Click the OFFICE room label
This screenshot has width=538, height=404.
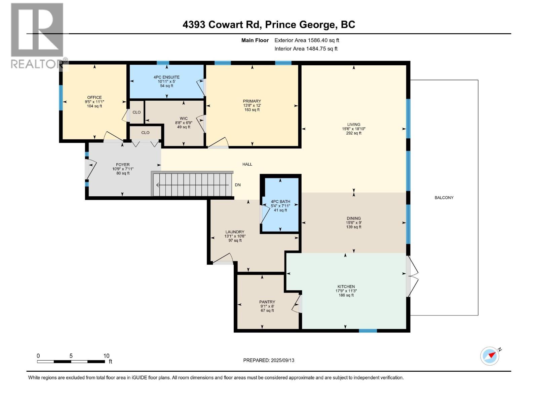pos(94,98)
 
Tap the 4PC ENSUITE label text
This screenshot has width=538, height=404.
pos(166,77)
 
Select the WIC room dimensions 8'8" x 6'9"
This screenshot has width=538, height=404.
pos(184,123)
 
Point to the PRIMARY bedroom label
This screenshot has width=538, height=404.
pos(252,101)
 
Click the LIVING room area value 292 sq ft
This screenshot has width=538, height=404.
pos(354,133)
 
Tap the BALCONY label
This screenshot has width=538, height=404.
pos(444,198)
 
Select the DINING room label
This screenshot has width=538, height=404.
pos(354,218)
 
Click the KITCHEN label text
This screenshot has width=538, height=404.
pos(346,287)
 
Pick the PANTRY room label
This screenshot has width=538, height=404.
pos(267,302)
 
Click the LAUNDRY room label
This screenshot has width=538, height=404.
pos(235,232)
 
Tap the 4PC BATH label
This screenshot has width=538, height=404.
pos(280,202)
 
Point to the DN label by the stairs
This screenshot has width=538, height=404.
pos(238,185)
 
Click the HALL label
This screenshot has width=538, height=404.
pos(247,164)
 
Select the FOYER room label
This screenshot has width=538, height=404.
pos(123,165)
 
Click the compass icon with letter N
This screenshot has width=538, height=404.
pos(490,356)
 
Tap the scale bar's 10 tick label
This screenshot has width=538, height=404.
pos(106,356)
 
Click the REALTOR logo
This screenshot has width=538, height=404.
pos(37,36)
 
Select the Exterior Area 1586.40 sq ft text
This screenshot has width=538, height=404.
pos(307,40)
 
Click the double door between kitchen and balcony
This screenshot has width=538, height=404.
pos(412,276)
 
